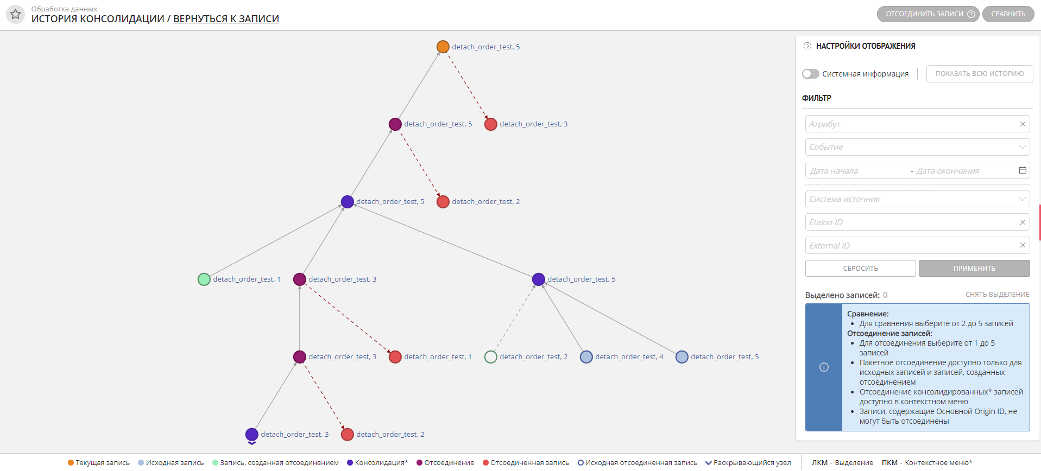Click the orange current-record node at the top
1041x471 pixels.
[x=443, y=47]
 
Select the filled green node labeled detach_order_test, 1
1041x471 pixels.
[x=204, y=279]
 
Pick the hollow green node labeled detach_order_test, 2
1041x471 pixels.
[x=490, y=357]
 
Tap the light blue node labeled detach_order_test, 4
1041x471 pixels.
[x=586, y=357]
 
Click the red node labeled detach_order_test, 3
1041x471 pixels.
[x=490, y=124]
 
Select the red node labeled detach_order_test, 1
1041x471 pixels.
[x=395, y=357]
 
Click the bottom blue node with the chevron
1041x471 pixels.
[x=251, y=435]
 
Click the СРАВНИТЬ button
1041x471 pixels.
[x=1008, y=14]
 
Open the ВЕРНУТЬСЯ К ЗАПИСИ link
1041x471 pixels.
[x=226, y=19]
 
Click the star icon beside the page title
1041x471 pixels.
[x=16, y=14]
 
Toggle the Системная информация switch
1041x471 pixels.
[x=810, y=74]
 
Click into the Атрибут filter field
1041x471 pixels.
[x=910, y=124]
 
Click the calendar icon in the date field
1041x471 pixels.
[x=1023, y=170]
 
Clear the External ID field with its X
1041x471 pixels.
[x=1023, y=245]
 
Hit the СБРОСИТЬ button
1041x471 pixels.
[x=860, y=269]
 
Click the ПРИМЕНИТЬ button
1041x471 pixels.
[x=974, y=269]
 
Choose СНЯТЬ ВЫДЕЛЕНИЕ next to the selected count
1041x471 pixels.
[x=997, y=295]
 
